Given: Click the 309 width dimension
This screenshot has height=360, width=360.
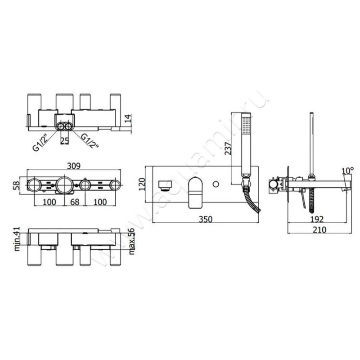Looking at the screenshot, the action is [74, 166].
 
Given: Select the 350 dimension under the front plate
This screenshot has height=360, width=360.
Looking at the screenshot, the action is [206, 219].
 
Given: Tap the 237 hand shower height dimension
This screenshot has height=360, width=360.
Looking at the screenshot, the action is [228, 148].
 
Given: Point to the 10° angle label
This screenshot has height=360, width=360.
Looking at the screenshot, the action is [347, 171].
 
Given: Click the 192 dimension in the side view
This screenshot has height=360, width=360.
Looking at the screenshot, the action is [317, 219].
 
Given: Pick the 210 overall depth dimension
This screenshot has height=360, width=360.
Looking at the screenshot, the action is [319, 229].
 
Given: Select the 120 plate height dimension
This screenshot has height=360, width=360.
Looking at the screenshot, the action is [142, 184].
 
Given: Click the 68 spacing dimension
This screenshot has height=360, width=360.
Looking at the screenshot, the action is [75, 202].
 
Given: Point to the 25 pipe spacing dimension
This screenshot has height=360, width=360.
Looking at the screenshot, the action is [64, 140].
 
